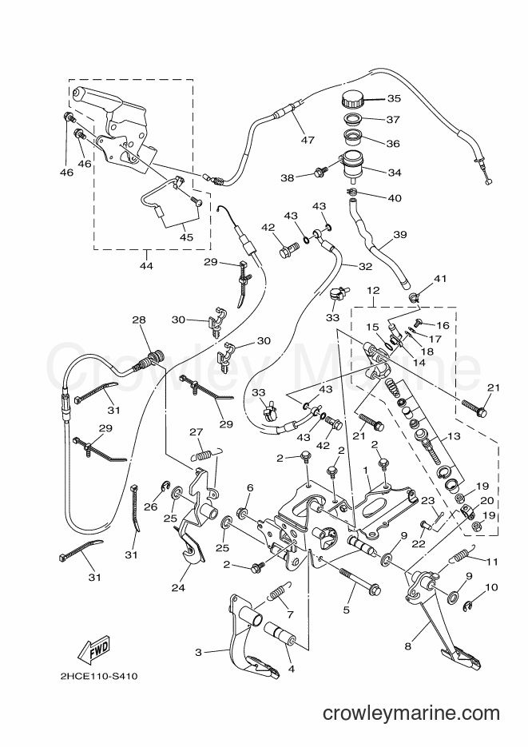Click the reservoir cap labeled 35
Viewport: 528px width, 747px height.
click(352, 100)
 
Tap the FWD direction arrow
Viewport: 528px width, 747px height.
click(94, 649)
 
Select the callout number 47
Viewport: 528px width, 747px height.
click(308, 140)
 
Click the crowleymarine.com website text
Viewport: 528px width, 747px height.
click(411, 713)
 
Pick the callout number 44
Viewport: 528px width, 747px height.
click(147, 265)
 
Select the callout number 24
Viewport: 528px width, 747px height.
click(178, 588)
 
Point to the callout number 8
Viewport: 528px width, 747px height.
click(407, 646)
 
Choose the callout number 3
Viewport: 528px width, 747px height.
click(199, 652)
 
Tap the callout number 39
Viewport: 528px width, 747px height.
click(400, 234)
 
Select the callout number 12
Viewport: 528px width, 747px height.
click(374, 290)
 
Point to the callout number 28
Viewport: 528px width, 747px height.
click(139, 320)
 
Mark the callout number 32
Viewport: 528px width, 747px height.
click(365, 267)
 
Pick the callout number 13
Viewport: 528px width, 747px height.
click(455, 436)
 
